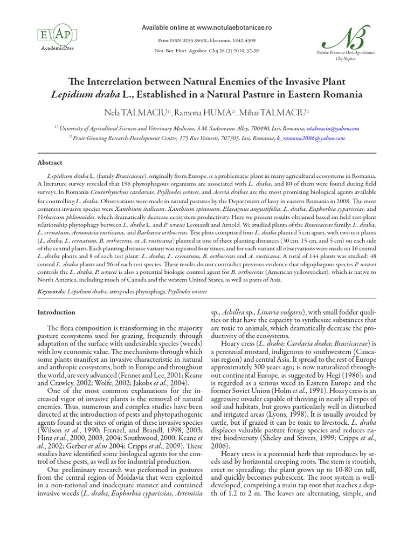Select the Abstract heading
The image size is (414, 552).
[x=50, y=162]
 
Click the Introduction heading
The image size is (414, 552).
[x=56, y=312]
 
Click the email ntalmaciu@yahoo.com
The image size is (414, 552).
[x=333, y=129]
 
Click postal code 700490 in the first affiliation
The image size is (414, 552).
[x=252, y=129]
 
